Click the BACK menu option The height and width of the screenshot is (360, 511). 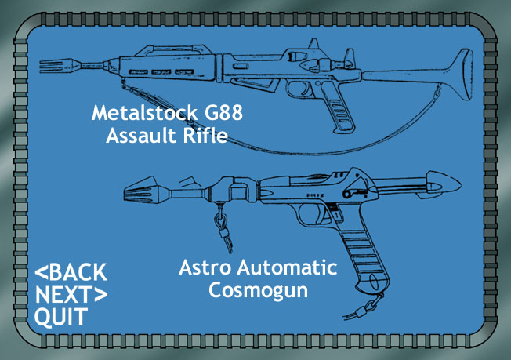click(71, 273)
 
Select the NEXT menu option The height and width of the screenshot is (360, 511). click(71, 295)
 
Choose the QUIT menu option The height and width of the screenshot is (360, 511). click(61, 317)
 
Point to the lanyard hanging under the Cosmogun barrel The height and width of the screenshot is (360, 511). click(223, 232)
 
